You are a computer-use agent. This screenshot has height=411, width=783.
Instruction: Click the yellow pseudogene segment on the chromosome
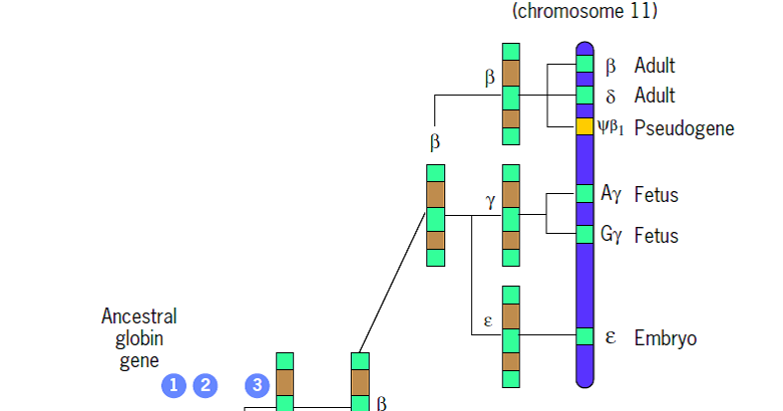[x=585, y=126]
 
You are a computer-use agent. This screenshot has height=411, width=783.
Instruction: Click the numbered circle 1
[x=174, y=384]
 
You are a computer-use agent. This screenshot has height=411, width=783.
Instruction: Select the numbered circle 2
[x=206, y=384]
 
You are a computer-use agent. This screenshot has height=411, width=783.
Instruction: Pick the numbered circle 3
[x=256, y=384]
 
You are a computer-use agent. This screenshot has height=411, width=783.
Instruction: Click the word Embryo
[x=665, y=337]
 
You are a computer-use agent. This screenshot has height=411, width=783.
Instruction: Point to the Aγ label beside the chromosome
[x=611, y=194]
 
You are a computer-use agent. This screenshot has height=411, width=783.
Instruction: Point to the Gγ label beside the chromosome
[x=611, y=235]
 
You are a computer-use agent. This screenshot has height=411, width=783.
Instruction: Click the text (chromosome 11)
[x=584, y=12]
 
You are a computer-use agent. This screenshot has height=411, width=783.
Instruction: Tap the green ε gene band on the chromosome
[x=585, y=336]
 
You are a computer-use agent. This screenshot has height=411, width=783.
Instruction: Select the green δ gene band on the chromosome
[x=585, y=96]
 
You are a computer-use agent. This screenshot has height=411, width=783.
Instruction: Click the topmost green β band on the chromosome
[x=585, y=65]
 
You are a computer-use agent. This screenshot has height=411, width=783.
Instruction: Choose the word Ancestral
[x=139, y=316]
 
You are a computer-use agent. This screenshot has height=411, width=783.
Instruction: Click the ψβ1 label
[x=611, y=126]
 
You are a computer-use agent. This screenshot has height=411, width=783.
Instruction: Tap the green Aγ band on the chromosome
[x=585, y=193]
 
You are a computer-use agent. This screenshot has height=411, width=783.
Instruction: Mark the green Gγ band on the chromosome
[x=585, y=234]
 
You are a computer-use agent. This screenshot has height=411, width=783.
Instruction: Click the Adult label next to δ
[x=654, y=96]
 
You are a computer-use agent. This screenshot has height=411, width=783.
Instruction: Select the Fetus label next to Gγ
[x=656, y=235]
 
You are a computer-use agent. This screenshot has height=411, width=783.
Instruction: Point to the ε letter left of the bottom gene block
[x=488, y=320]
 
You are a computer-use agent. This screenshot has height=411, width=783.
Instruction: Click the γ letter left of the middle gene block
[x=490, y=200]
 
